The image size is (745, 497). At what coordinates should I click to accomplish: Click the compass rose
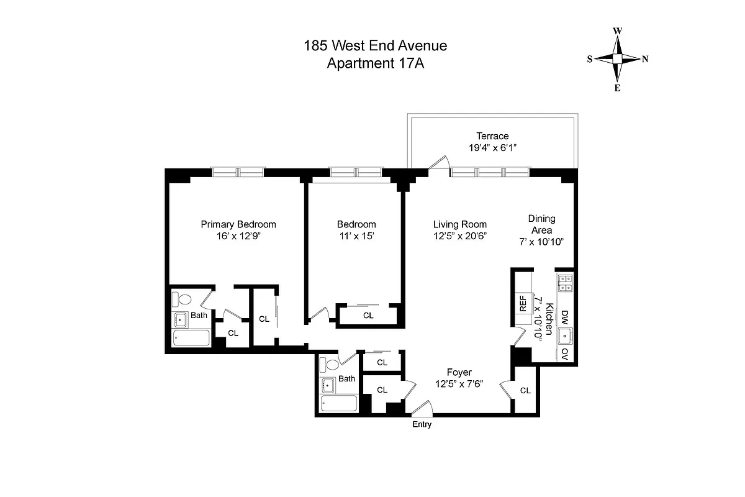(618, 59)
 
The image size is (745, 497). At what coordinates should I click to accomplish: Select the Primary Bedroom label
(238, 224)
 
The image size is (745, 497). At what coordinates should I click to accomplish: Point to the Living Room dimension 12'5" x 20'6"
(460, 236)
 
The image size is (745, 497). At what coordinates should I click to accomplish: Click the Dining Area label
(541, 224)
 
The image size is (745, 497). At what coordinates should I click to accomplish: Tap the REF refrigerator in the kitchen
(523, 304)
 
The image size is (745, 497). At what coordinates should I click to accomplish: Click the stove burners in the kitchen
(565, 283)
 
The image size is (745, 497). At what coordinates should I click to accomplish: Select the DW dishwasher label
(564, 316)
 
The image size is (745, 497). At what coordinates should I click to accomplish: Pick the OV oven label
(564, 353)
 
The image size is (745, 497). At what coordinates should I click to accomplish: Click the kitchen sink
(565, 336)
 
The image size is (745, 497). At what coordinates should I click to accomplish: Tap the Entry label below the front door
(422, 425)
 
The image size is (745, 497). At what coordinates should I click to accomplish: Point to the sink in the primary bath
(181, 321)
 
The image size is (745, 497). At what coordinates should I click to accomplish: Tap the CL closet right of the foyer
(525, 391)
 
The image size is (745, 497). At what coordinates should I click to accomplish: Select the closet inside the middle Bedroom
(368, 315)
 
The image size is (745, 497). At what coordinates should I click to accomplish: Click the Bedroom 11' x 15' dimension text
(356, 236)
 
